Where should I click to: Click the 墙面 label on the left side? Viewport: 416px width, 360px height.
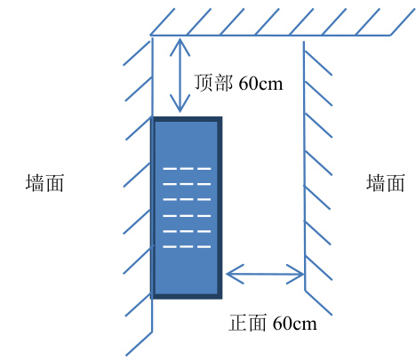44,183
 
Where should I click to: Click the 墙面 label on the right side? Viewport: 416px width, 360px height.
386,183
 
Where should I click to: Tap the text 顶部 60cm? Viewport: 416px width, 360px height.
238,83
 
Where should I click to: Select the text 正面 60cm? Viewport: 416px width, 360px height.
273,323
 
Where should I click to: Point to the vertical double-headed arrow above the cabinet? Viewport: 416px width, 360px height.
180,76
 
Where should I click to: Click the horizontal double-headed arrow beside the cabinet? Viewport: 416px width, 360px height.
265,274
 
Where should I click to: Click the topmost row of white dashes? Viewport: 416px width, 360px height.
187,169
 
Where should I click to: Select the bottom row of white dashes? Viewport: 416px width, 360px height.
187,246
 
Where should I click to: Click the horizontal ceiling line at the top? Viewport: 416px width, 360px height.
270,36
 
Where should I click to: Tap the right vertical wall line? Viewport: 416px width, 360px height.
304,165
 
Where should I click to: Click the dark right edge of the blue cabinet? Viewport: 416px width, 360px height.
220,207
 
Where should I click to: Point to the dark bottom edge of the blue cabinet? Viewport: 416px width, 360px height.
187,296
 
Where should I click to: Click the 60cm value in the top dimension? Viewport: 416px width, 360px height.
260,84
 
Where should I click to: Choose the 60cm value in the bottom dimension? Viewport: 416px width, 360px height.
295,324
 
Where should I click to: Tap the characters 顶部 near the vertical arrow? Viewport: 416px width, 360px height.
213,83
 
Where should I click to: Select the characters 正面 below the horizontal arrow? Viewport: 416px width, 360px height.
248,323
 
